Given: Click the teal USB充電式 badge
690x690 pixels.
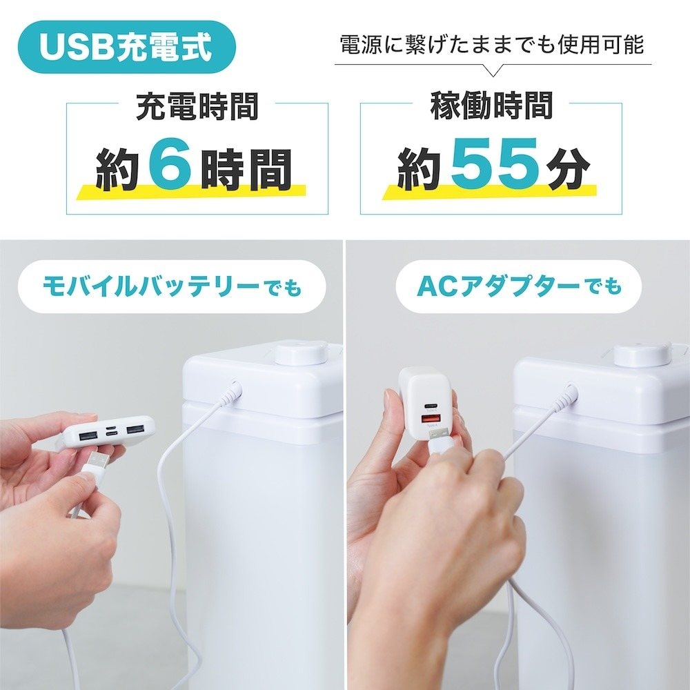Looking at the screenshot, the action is tap(127, 47).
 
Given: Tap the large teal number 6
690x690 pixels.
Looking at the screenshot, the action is tap(170, 164).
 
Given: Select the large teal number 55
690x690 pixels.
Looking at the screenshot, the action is tap(495, 164).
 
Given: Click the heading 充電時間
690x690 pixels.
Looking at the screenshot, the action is tap(197, 106).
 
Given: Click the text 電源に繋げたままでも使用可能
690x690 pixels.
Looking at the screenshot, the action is tap(493, 45).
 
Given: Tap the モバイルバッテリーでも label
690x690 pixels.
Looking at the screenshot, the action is tap(172, 287).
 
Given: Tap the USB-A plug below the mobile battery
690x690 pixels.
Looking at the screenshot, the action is tap(97, 460).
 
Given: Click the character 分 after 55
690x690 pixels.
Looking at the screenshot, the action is tap(567, 170).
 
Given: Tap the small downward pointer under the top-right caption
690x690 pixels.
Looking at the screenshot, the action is tap(493, 70).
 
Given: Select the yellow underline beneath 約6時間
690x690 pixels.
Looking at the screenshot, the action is tap(191, 192).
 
